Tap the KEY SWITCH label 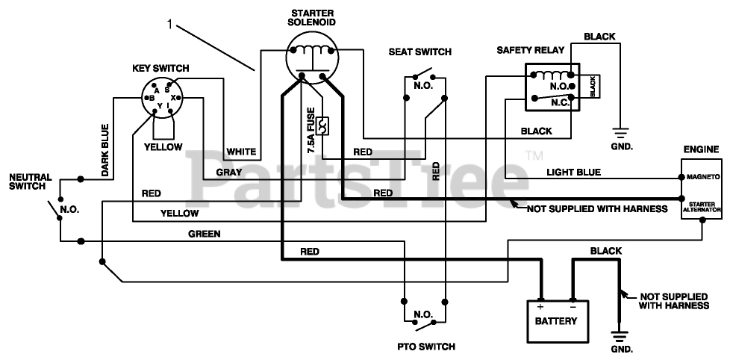(x=160, y=68)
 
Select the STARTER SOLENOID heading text (x=312, y=17)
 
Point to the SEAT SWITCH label (x=420, y=52)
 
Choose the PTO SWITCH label (x=426, y=347)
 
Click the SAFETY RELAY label (x=530, y=50)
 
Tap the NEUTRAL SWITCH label (x=30, y=181)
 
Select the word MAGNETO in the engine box (x=702, y=178)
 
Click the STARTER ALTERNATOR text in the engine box (x=702, y=207)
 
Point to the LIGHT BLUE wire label (x=573, y=172)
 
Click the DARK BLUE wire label (x=105, y=149)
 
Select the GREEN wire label (x=204, y=234)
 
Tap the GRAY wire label (x=228, y=172)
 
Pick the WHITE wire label (x=241, y=152)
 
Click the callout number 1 (x=170, y=24)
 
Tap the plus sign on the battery (x=540, y=305)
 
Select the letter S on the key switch (x=166, y=90)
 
